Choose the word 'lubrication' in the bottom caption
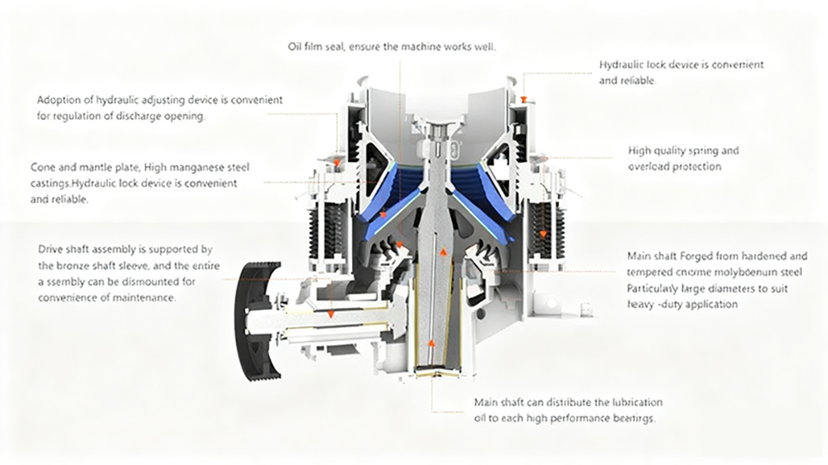[x=632, y=402]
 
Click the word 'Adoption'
[x=59, y=100]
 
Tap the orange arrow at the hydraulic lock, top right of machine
[x=524, y=99]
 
